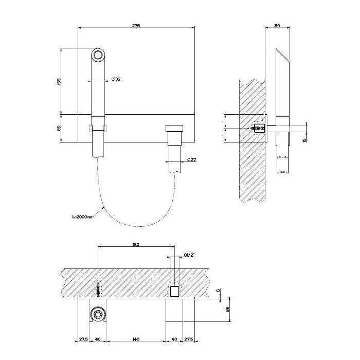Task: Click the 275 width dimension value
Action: (136, 25)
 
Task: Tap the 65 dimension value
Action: (59, 128)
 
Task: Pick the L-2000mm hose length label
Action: (82, 217)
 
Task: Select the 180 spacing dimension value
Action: (136, 245)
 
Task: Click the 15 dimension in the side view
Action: (304, 139)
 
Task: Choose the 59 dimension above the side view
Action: (278, 25)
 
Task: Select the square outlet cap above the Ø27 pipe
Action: (173, 129)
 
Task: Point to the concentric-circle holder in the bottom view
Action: (97, 314)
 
